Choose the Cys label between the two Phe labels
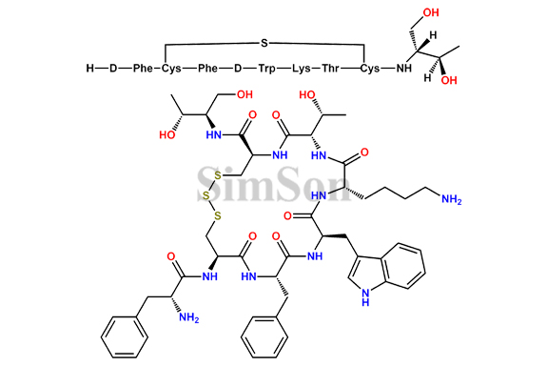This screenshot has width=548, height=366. pyautogui.click(x=171, y=69)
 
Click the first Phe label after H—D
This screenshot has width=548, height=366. pyautogui.click(x=144, y=69)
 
